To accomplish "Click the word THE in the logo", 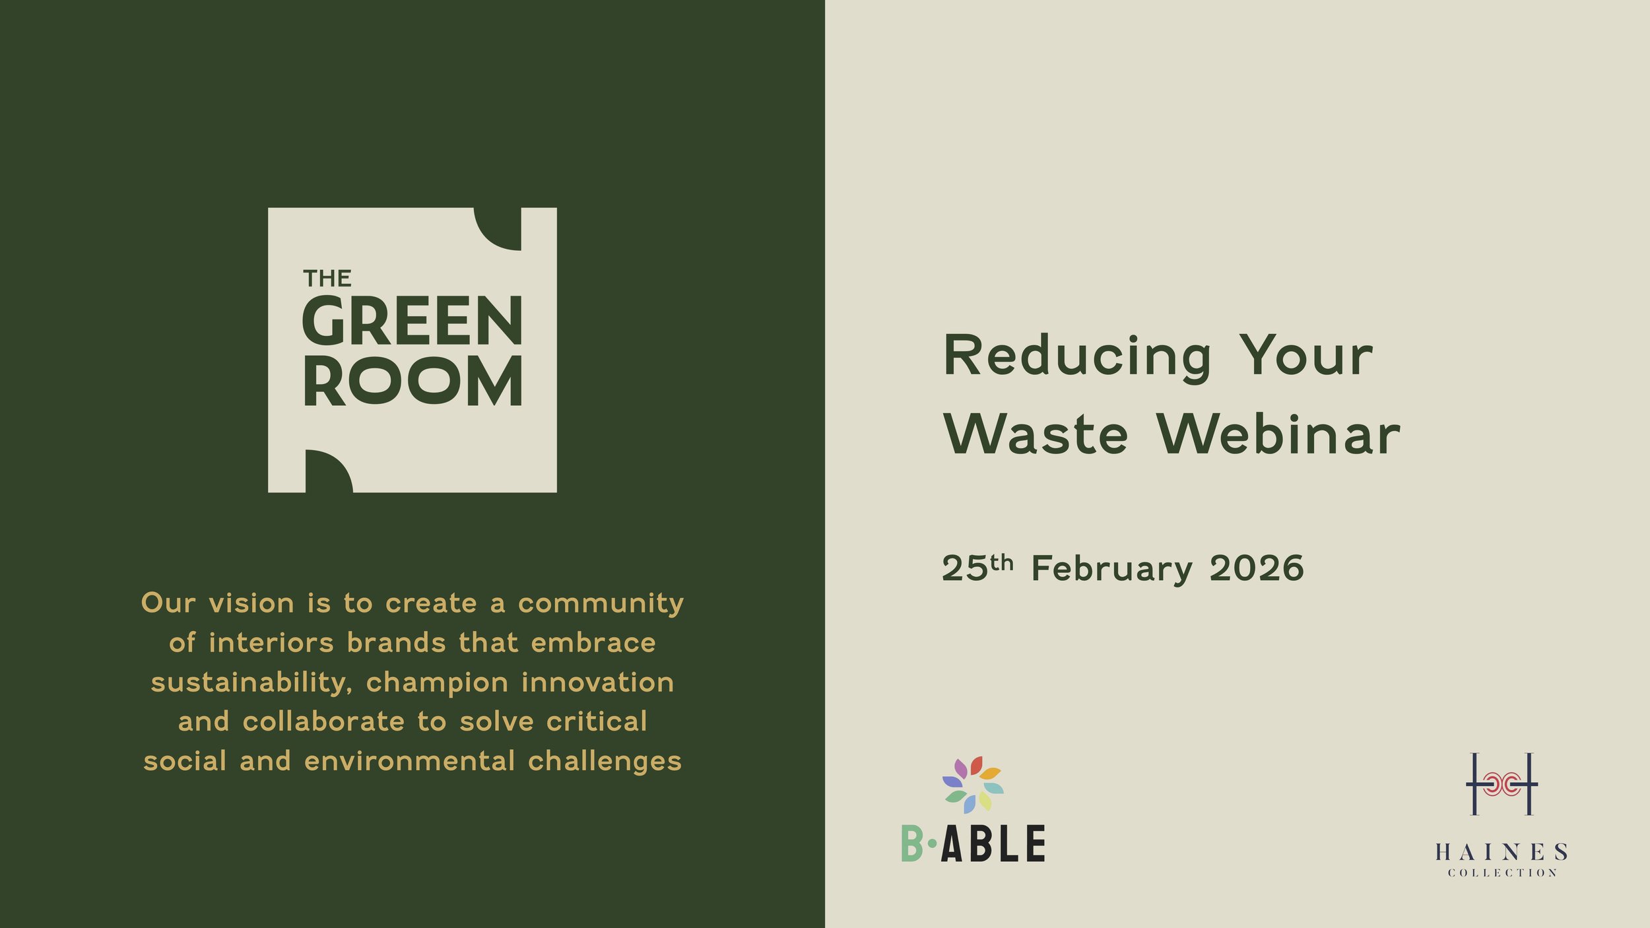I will [x=327, y=279].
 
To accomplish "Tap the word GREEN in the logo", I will [x=412, y=321].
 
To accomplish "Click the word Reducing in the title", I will [x=1077, y=357].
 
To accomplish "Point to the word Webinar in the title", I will [x=1278, y=435].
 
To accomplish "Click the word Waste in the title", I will [x=1036, y=435].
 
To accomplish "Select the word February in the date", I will [x=1112, y=569].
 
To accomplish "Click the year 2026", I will [x=1257, y=568].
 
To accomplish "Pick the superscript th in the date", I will [x=1001, y=562].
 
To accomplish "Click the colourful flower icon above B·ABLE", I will [x=973, y=784].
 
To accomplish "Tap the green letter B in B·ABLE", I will [x=912, y=844].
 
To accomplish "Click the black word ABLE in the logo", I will [x=993, y=844].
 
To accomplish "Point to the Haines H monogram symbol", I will [x=1501, y=784].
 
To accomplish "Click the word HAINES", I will [x=1501, y=852].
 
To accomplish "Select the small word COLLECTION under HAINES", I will [x=1502, y=873].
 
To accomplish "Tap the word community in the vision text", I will [x=601, y=603].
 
